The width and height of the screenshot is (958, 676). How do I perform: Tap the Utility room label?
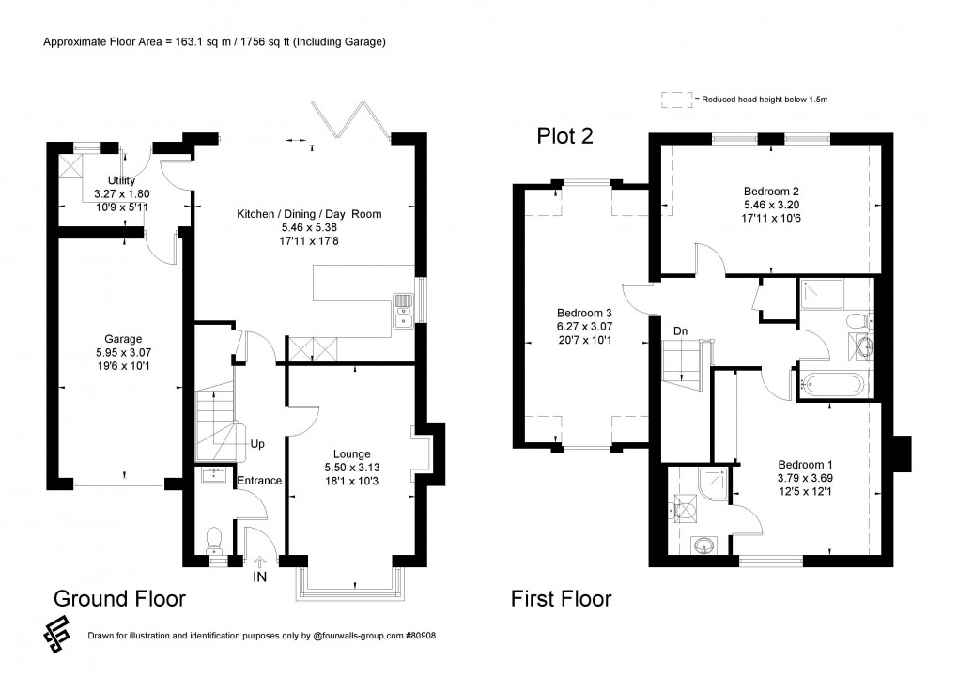[121, 180]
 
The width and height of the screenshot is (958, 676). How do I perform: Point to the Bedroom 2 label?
[769, 191]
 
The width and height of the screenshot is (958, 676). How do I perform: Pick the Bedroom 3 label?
[583, 313]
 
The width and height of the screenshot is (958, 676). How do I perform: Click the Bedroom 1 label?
[804, 464]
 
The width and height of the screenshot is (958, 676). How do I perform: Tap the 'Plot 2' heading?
[564, 136]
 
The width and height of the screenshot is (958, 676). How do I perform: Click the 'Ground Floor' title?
[119, 598]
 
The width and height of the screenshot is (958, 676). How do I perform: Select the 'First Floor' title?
[561, 598]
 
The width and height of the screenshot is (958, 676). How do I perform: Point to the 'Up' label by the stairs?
[256, 443]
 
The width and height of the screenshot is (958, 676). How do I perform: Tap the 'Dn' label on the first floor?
[679, 330]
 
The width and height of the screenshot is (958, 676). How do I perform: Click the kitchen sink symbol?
[402, 312]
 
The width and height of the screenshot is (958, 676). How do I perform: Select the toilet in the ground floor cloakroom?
[214, 538]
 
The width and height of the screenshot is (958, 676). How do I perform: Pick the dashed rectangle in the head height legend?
[674, 98]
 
